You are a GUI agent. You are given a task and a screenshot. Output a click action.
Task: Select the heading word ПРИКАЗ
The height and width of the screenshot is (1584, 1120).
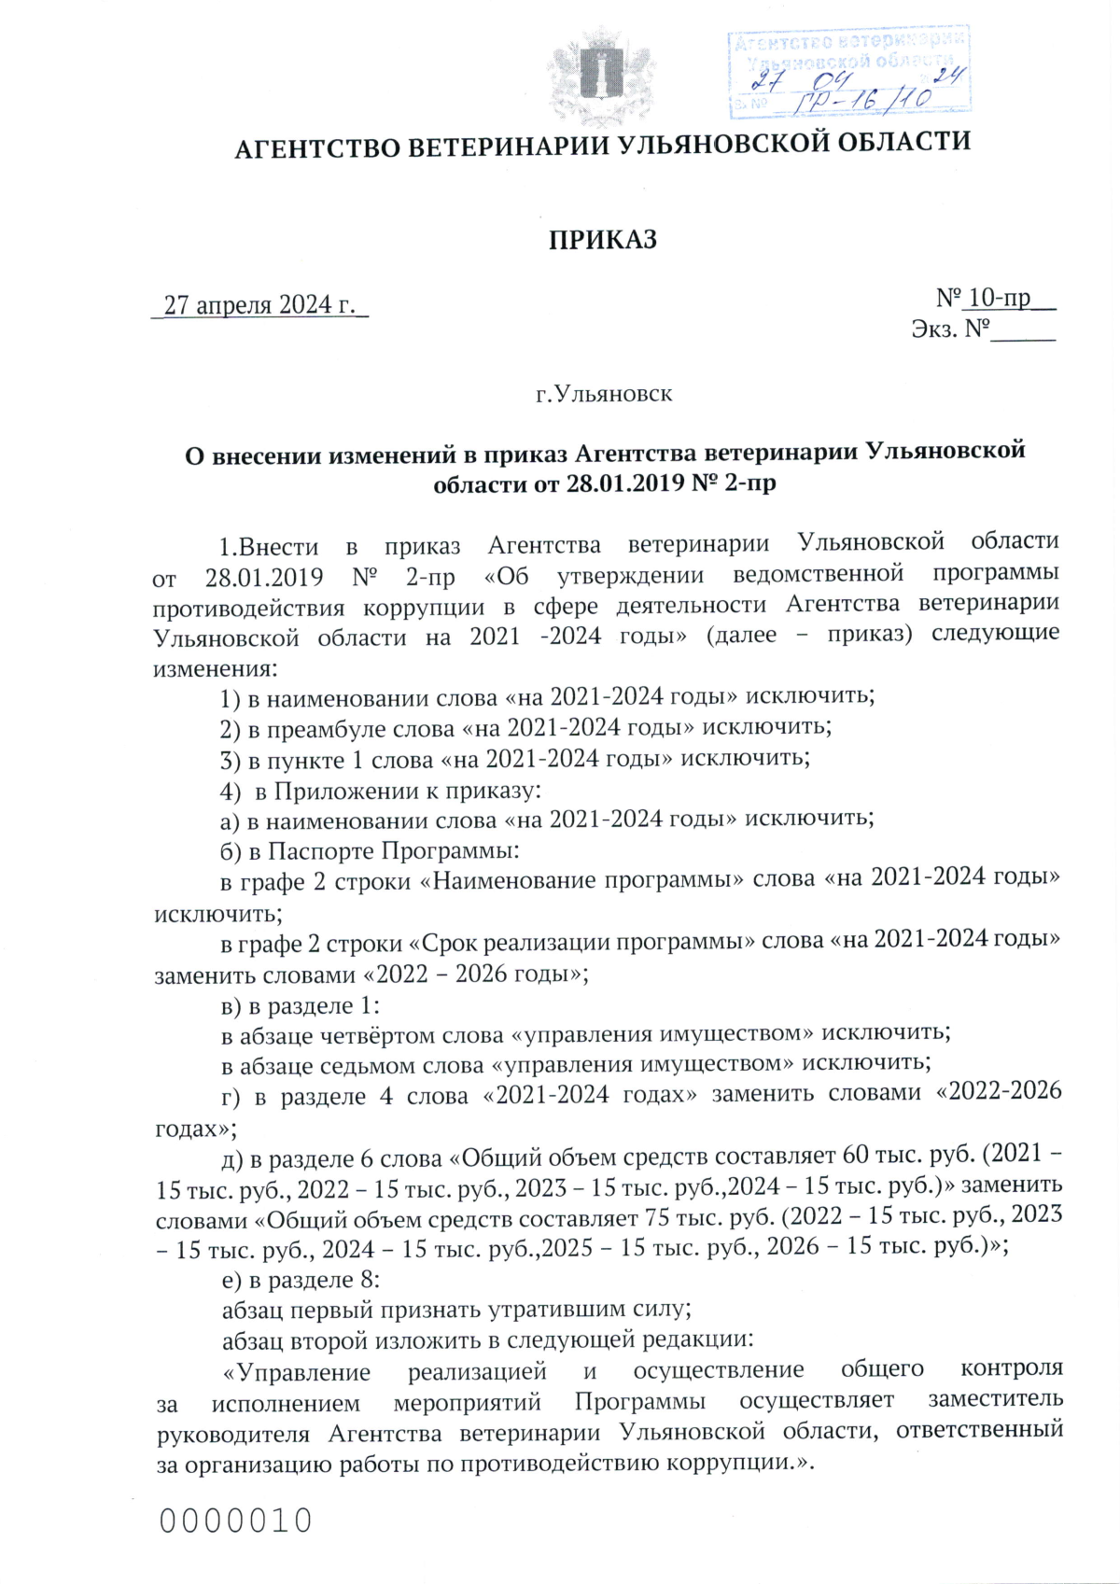(x=602, y=240)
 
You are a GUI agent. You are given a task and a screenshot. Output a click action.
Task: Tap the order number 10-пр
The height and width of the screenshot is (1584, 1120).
(x=1000, y=298)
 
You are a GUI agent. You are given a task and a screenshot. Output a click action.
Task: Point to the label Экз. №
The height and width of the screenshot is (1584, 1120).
(x=949, y=329)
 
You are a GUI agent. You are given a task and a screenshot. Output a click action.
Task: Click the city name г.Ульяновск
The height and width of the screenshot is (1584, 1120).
(x=603, y=394)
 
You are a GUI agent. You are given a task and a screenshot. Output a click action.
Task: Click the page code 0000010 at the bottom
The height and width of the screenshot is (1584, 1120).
(x=235, y=1521)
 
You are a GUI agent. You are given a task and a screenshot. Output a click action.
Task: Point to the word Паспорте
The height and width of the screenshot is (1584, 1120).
(x=321, y=851)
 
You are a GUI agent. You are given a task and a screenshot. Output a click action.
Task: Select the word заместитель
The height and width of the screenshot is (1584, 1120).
(x=995, y=1399)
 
